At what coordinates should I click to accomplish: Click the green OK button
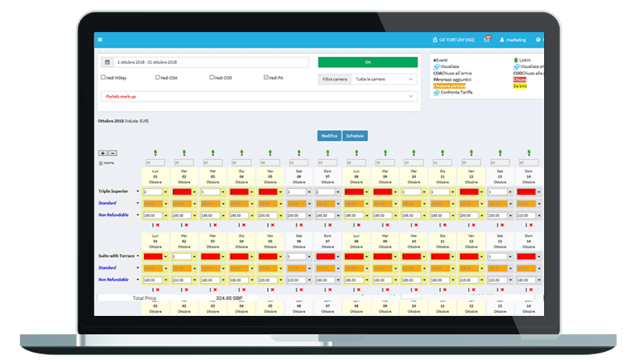click(367, 62)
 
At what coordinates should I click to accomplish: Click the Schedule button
click(355, 136)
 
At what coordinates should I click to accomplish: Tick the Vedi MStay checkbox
click(103, 78)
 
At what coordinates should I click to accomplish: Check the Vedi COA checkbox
click(158, 78)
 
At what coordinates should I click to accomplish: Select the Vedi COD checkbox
click(212, 78)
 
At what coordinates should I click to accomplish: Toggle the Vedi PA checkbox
click(266, 78)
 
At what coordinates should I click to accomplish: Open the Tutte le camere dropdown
click(384, 79)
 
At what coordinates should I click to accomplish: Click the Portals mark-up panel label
click(121, 96)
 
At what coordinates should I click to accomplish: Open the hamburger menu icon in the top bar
click(100, 39)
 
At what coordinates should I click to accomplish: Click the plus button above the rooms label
click(102, 153)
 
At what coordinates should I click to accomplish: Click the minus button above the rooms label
click(112, 153)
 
